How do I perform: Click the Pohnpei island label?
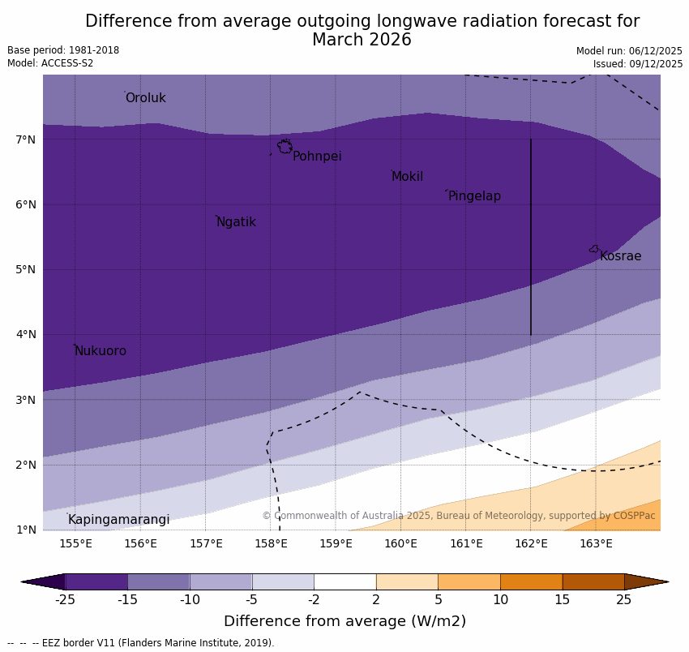coord(317,157)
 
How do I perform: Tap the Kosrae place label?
coord(620,256)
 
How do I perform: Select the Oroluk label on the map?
coord(145,98)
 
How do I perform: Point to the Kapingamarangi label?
coord(118,520)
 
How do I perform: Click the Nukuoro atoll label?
coord(101,351)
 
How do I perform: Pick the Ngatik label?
coord(236,222)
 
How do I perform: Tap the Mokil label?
coord(407,177)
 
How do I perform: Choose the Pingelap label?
coord(474,196)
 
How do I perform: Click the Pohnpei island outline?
coord(285,147)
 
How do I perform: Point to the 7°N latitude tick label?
coord(26,140)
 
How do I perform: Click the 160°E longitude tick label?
coord(400,543)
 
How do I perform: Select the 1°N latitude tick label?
coord(26,530)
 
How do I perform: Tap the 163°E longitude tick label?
coord(596,543)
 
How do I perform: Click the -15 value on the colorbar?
coord(127,600)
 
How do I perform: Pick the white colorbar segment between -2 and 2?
coord(344,581)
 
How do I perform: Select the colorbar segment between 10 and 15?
coord(531,581)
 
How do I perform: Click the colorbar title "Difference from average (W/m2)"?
coord(344,622)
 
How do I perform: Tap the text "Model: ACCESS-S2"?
coord(50,63)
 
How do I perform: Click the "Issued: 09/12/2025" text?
coord(637,64)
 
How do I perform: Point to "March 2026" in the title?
coord(362,40)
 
